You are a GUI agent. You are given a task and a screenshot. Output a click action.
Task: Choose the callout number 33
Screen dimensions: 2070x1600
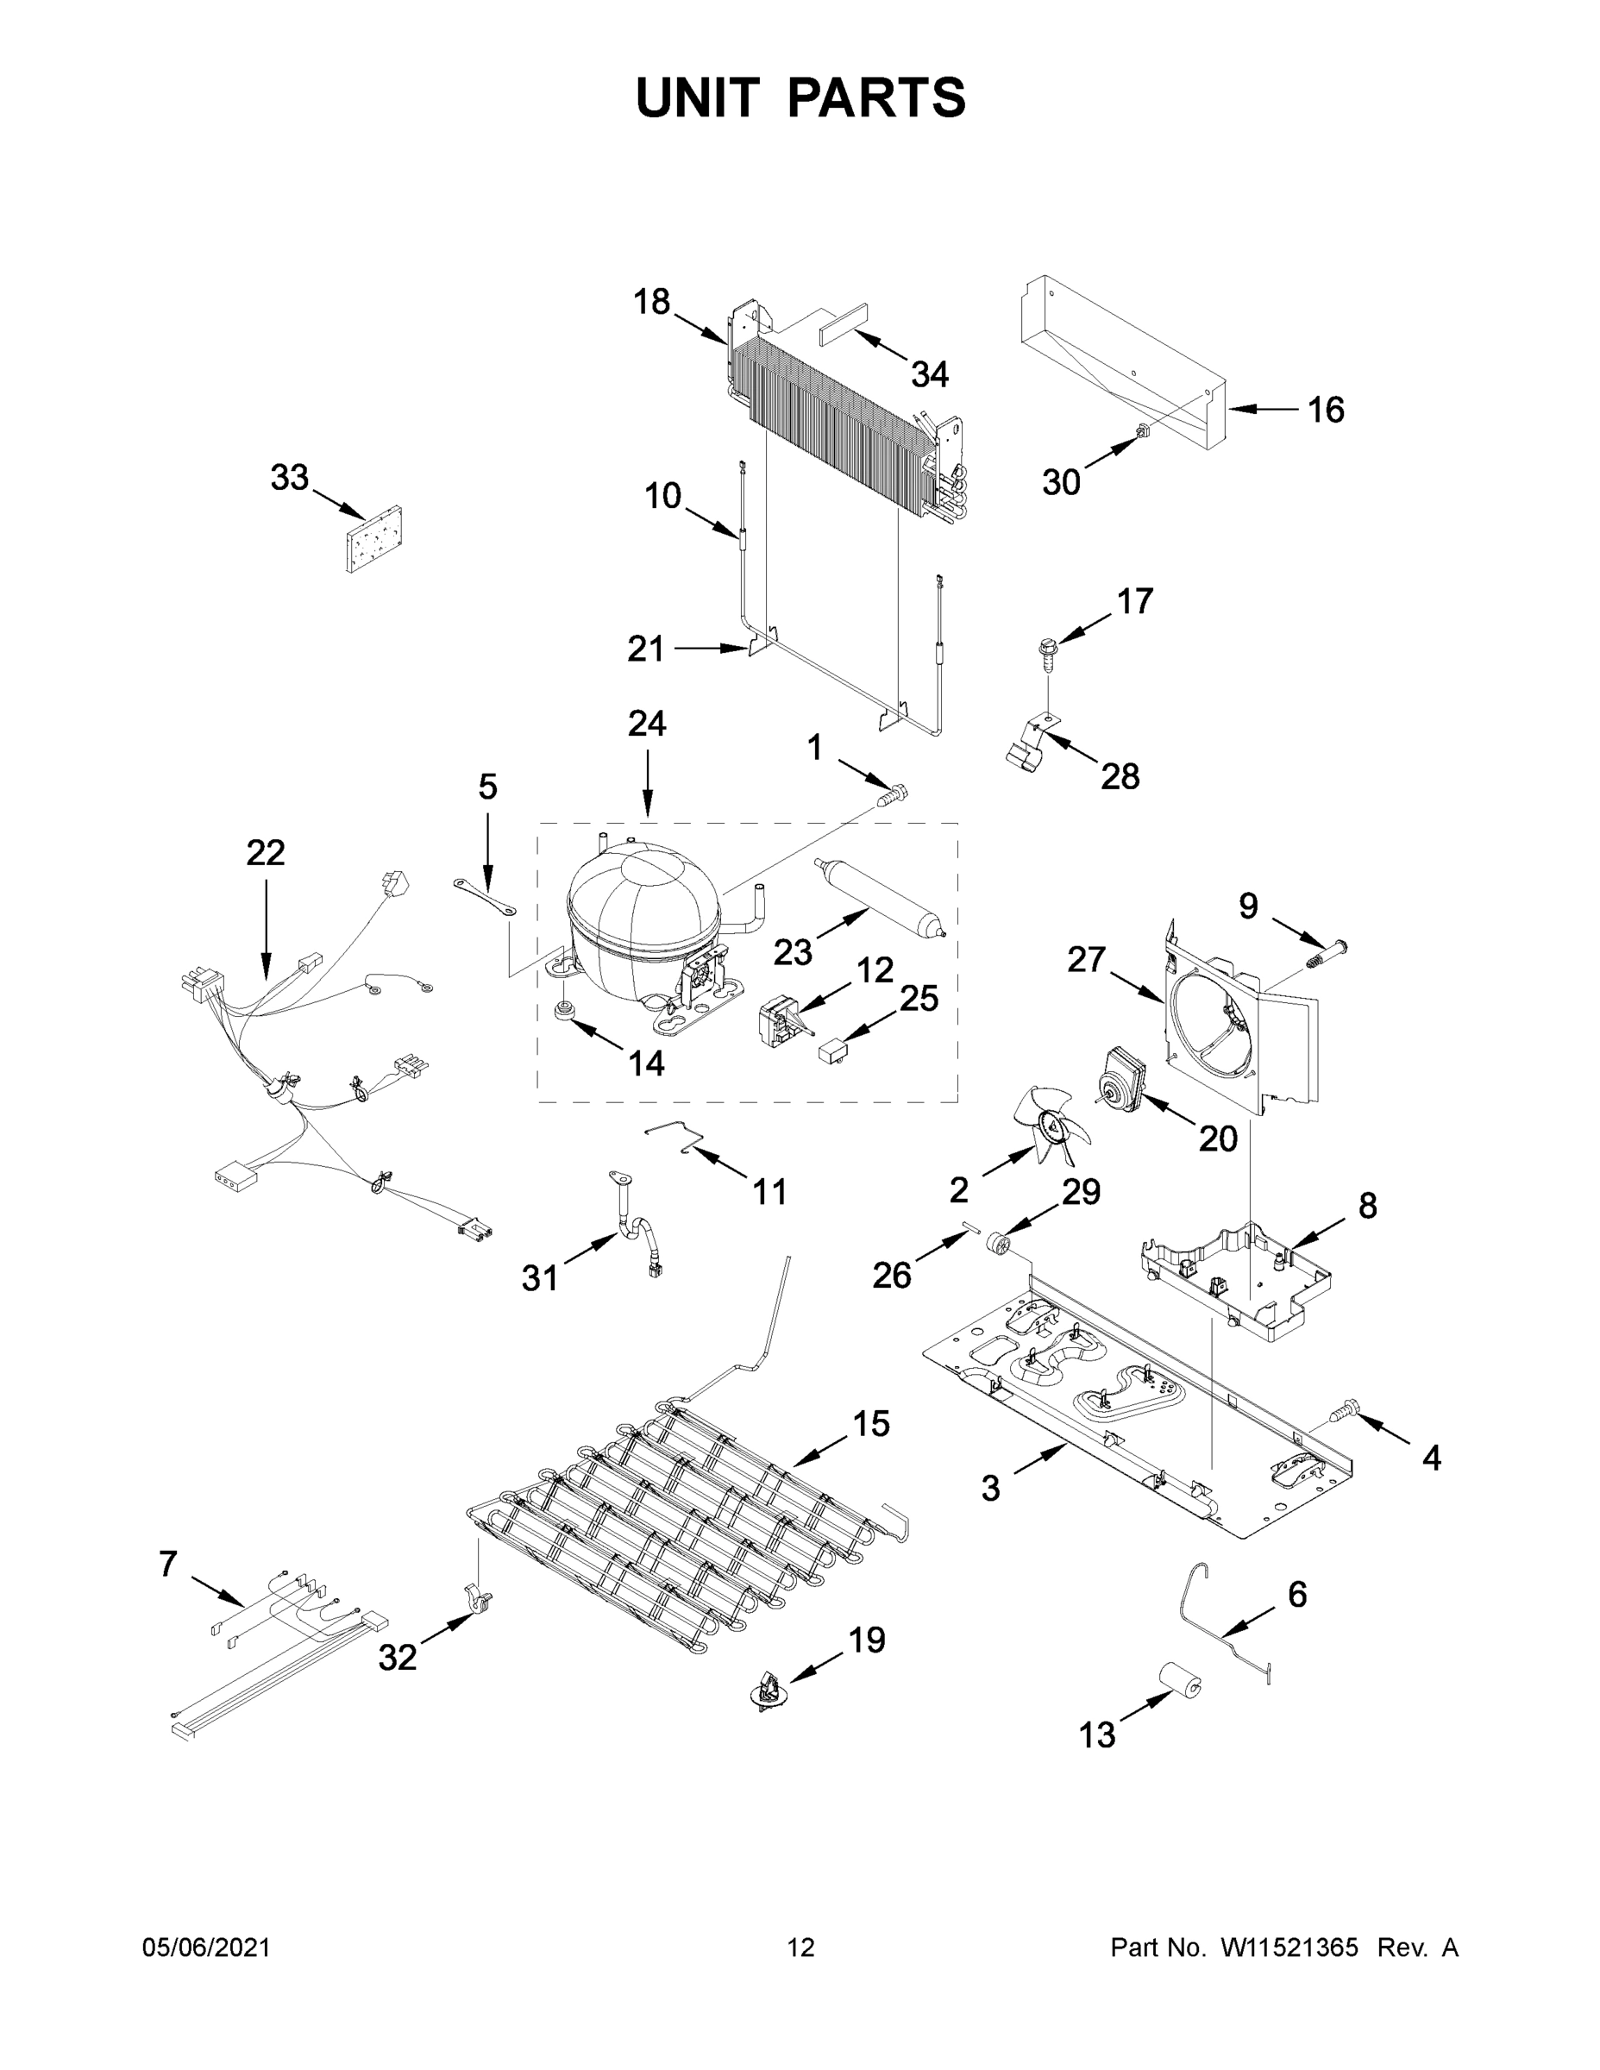point(289,478)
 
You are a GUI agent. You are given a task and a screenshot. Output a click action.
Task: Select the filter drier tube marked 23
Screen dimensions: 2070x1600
point(881,895)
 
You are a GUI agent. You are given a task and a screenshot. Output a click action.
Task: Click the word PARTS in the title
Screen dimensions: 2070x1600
point(877,97)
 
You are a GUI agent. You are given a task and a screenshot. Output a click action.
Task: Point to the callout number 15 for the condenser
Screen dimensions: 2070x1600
point(871,1424)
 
